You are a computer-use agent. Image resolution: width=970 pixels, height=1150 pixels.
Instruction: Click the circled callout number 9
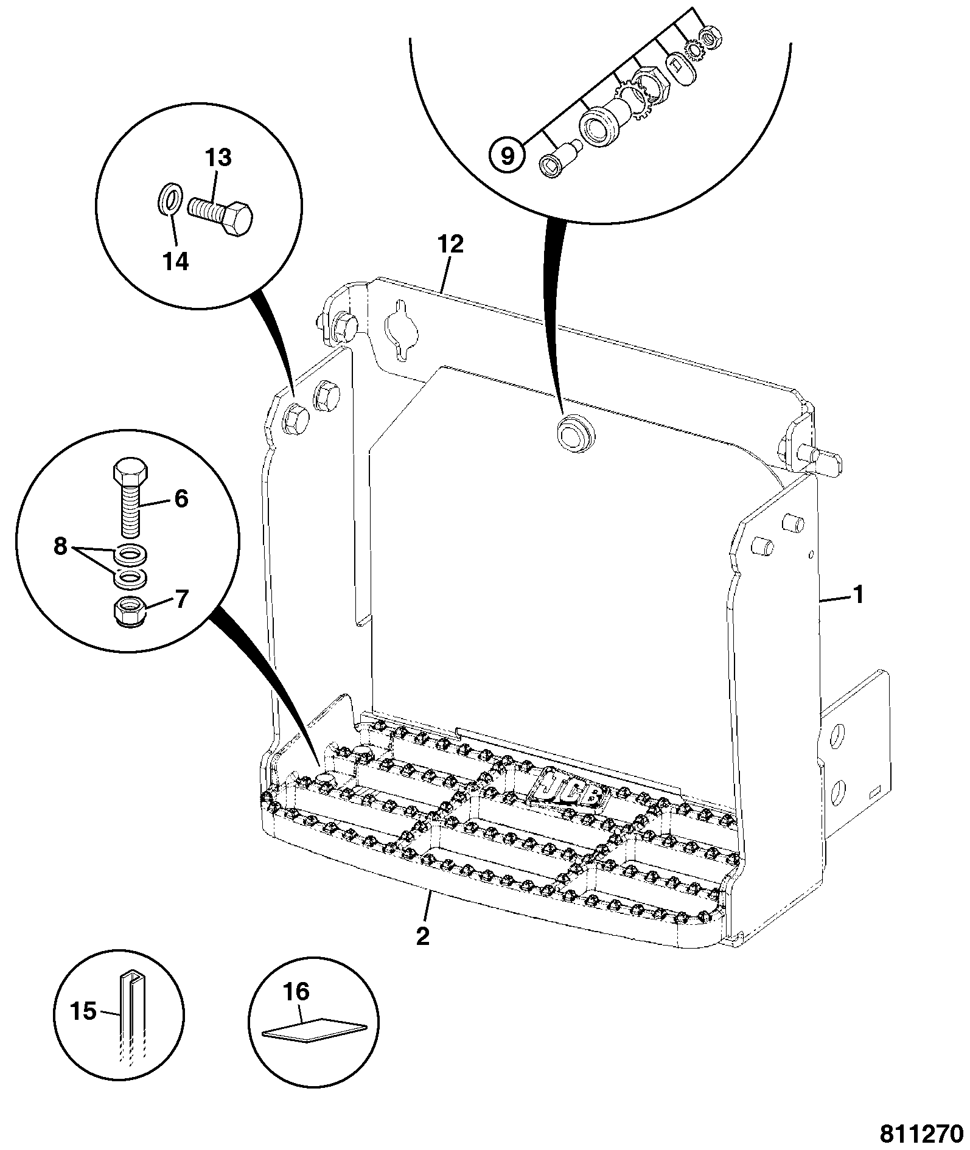[506, 156]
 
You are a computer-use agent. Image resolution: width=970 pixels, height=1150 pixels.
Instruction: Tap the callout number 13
[218, 158]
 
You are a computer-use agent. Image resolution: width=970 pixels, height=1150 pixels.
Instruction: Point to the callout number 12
[450, 245]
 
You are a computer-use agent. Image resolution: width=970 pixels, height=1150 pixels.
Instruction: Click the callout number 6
[181, 500]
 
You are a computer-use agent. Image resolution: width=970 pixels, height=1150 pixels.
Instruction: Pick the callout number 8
[60, 546]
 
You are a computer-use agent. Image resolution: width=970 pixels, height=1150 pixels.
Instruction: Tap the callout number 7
[181, 600]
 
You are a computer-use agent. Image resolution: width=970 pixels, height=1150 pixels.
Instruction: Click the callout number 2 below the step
[423, 952]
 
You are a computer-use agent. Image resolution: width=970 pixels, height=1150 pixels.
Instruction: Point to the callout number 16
[296, 992]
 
